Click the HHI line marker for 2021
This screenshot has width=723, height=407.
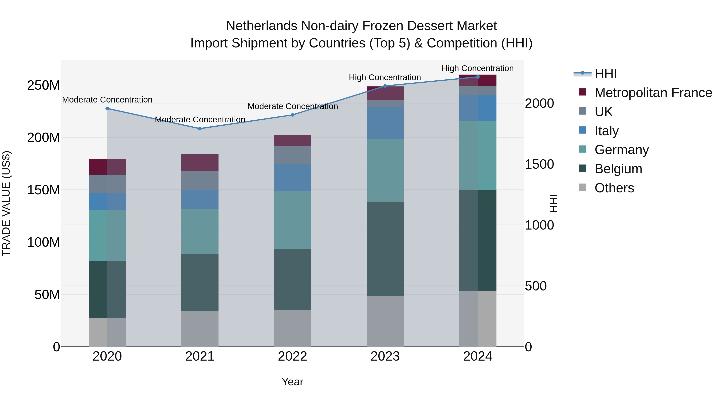[200, 129]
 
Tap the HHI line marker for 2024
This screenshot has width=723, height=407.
[478, 77]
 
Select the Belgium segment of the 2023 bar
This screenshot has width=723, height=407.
[385, 249]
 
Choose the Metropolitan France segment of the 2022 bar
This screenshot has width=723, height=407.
[292, 140]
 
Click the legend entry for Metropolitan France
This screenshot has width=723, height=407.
[653, 93]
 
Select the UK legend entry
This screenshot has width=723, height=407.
[604, 112]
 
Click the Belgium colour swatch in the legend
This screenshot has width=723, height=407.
[583, 169]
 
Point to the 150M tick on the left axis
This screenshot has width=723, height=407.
[44, 190]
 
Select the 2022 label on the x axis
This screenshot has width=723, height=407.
[292, 356]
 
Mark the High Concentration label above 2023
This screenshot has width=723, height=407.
[385, 78]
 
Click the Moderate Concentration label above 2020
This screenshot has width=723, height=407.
[107, 100]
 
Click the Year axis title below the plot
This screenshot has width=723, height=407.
[292, 382]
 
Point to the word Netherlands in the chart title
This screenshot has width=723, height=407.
[261, 26]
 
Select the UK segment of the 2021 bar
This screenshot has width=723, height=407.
[200, 181]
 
